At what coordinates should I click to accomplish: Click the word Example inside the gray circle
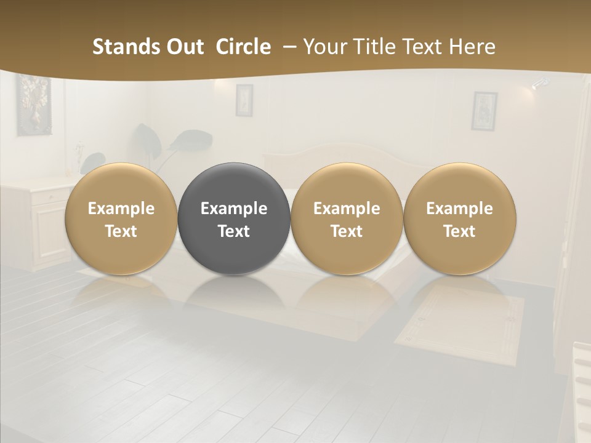[234, 209]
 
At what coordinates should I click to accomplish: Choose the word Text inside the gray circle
[234, 231]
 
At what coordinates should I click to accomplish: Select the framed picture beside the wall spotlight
[484, 111]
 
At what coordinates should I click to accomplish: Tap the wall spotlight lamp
[539, 82]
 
